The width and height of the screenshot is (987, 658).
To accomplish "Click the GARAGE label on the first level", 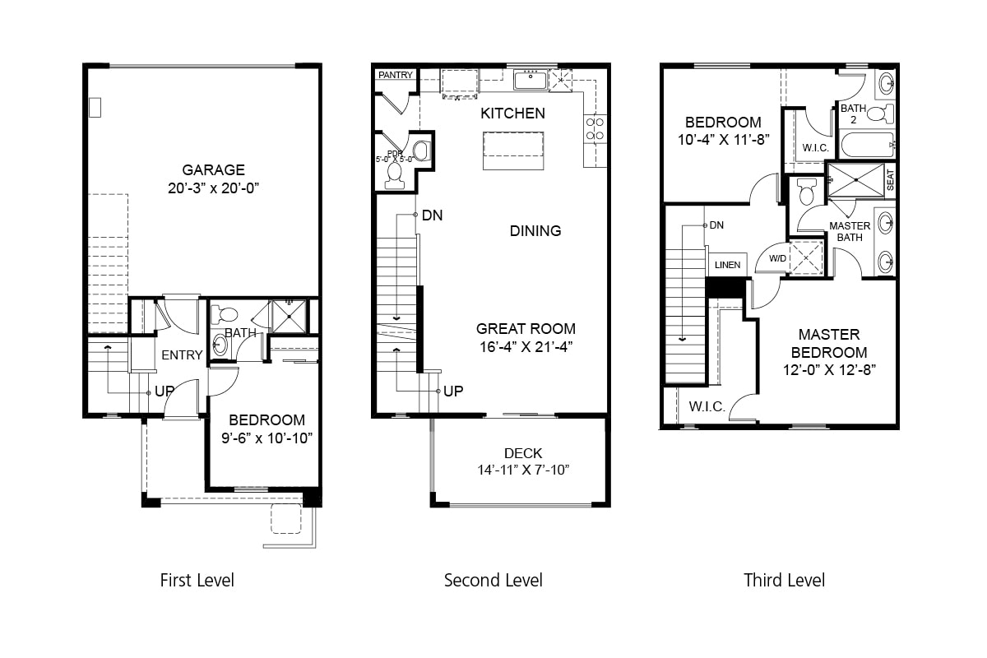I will click(213, 170).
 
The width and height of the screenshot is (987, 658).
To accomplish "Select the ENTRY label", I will click(182, 354).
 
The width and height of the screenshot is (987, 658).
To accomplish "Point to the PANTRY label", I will click(396, 75).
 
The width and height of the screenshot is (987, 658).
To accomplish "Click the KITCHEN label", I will click(512, 114).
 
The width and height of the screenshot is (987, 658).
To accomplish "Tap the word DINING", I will click(535, 231).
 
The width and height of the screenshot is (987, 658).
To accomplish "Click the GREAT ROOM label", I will click(526, 328).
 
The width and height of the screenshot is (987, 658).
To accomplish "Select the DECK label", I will click(523, 453).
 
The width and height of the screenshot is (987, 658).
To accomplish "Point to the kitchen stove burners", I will click(594, 129).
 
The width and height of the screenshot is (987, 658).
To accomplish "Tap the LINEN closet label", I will click(727, 266).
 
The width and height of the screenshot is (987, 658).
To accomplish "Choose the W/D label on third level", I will click(776, 258).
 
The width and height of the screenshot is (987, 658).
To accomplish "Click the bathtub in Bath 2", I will click(866, 145).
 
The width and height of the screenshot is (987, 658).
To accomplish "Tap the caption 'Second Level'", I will click(493, 581).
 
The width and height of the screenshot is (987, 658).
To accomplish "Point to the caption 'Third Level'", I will click(784, 581).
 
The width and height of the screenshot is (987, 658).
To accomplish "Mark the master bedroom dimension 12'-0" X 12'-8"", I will click(829, 369).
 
